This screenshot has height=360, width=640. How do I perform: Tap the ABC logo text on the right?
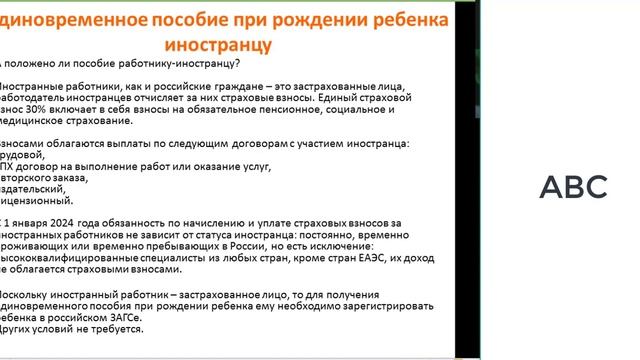tap(573, 186)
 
